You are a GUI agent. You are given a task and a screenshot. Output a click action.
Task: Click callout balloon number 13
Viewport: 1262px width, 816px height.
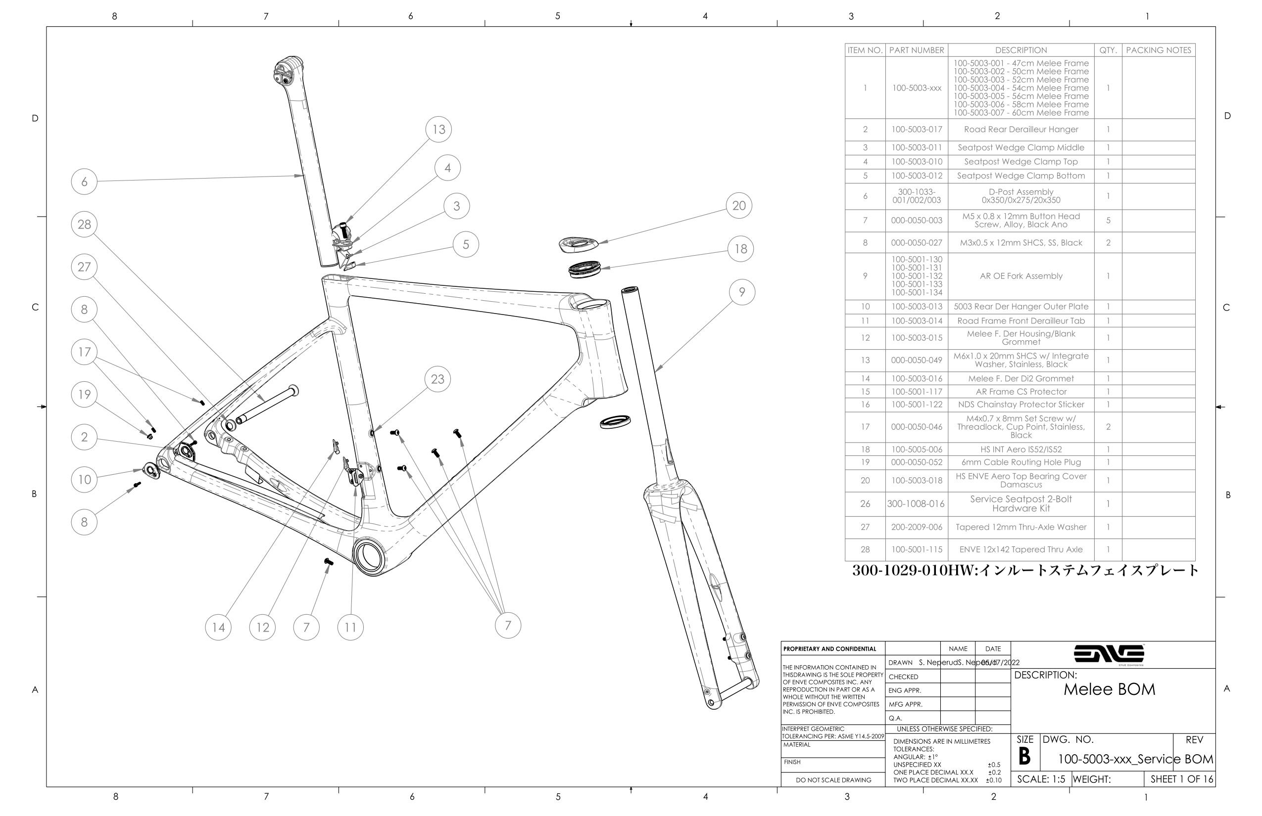(438, 129)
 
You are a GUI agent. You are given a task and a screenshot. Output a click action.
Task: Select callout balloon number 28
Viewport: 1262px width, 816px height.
(84, 224)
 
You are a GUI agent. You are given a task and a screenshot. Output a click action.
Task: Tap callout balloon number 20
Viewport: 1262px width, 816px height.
(738, 206)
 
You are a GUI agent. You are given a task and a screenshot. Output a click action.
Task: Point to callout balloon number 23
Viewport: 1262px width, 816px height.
(437, 379)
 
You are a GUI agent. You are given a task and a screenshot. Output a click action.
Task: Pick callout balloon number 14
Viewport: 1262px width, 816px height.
(218, 628)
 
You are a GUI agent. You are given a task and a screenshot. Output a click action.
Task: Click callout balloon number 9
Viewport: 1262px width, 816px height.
(742, 292)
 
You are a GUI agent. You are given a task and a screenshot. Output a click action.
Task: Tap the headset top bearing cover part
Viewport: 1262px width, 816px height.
(578, 244)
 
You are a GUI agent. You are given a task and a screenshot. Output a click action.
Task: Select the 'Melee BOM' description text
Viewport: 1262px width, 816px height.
(1109, 689)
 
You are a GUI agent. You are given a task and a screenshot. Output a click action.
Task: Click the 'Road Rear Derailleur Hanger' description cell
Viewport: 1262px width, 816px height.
(1020, 129)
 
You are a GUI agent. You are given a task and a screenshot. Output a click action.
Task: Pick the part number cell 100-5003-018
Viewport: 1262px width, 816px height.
(917, 481)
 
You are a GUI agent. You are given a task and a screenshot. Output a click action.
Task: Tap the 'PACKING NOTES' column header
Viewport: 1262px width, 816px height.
(1159, 50)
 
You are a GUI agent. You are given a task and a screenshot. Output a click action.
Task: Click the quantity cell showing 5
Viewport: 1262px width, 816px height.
(1108, 221)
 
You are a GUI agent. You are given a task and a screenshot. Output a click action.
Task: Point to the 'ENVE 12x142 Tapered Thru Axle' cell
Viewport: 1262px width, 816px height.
(1020, 549)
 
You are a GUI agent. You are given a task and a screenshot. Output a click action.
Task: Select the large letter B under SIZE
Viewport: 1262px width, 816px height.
(1024, 757)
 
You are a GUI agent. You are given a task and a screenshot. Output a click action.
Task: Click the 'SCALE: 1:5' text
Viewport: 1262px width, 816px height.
(1041, 779)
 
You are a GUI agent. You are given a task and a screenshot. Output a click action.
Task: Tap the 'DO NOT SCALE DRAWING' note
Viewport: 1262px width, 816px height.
(833, 780)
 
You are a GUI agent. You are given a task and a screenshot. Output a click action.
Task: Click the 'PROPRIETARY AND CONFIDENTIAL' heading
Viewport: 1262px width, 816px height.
(830, 649)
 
